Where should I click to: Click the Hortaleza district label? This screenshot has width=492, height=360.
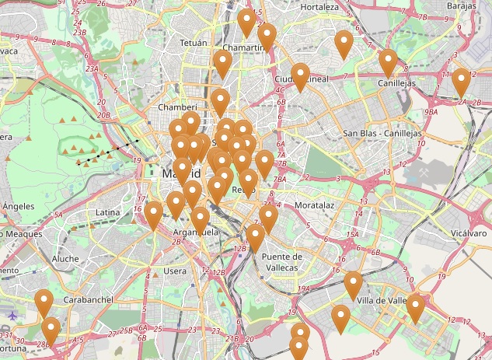click(319, 7)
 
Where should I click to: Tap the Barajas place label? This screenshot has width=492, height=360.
click(462, 5)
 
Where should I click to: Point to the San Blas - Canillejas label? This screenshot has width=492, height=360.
click(382, 134)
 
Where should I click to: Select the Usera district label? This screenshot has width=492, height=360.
click(175, 271)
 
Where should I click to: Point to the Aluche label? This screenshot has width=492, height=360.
click(65, 258)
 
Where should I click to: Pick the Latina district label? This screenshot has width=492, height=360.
click(107, 212)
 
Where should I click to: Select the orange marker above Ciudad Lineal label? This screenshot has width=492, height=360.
click(301, 75)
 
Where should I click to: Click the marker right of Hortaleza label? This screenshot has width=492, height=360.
click(344, 43)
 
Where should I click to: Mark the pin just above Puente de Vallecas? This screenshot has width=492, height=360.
click(256, 237)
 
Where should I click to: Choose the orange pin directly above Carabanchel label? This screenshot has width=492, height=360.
click(44, 302)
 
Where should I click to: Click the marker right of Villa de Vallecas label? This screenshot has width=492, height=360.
click(416, 307)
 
